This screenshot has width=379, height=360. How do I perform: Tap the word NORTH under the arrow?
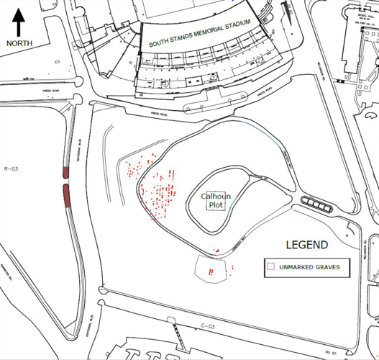[19, 43]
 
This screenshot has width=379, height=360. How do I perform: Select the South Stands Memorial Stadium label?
[199, 34]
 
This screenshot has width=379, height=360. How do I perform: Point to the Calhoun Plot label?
[214, 200]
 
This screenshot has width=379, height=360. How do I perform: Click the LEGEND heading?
[306, 245]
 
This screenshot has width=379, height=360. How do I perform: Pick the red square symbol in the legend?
[271, 267]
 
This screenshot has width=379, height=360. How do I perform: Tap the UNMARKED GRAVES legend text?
[309, 267]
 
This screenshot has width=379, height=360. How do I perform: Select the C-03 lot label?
[208, 326]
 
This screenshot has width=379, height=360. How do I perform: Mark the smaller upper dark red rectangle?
[65, 174]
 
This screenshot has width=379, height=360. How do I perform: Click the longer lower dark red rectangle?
[66, 196]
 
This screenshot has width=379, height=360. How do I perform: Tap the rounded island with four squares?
[316, 204]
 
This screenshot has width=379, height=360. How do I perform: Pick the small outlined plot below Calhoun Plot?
[213, 270]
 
